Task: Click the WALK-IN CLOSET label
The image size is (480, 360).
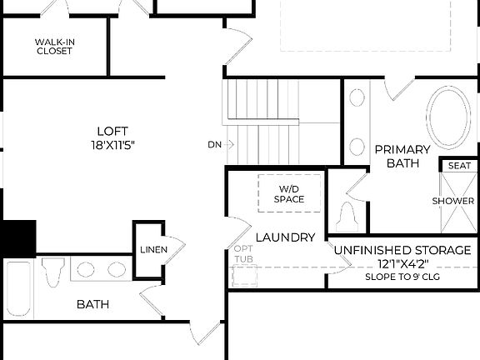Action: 54,46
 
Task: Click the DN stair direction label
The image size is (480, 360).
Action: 215,144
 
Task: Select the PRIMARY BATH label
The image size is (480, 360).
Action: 402,156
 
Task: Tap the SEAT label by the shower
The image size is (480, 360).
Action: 458,166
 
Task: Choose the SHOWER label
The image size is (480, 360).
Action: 453,201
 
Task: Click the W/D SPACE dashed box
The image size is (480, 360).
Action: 290,193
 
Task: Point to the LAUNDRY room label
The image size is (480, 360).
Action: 285,237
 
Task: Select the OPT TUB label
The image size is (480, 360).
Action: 243,253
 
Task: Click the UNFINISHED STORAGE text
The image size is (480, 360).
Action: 403,250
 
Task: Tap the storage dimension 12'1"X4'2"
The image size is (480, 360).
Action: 403,263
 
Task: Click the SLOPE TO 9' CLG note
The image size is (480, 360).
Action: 403,276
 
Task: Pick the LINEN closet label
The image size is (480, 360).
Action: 153,250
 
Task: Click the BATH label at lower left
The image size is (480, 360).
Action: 92,304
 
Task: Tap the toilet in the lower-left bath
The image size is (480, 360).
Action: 54,271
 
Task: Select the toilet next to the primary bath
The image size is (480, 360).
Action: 347,217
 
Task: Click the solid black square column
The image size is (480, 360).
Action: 17,237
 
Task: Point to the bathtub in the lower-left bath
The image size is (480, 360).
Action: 18,288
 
